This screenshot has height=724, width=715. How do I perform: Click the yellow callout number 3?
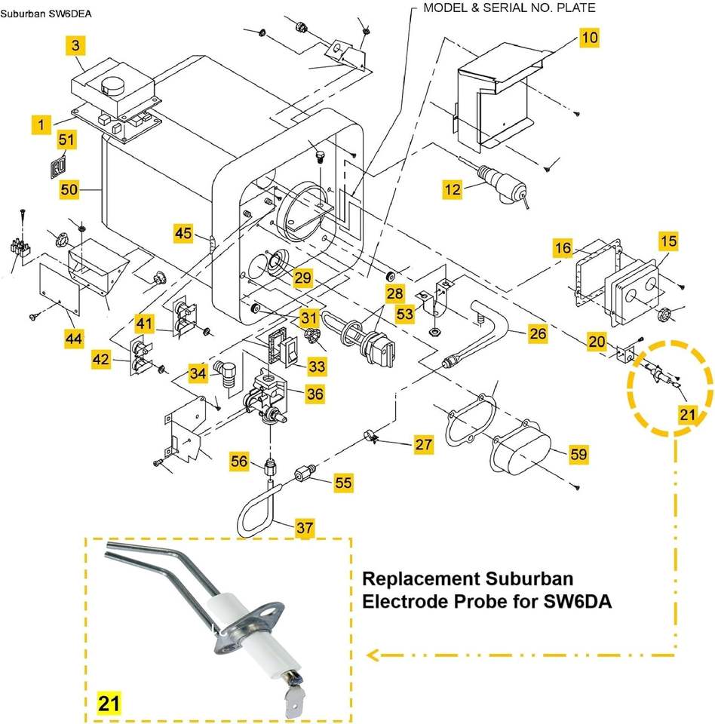75,45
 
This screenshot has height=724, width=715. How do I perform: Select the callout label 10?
589,37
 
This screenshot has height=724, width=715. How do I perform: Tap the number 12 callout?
453,189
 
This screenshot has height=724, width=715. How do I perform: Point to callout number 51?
66,140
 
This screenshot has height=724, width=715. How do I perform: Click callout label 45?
183,233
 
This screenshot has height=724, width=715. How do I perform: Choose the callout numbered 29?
303,278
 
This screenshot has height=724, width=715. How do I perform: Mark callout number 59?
578,454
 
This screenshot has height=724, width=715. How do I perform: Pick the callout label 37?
305,527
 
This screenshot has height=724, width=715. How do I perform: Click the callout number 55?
344,483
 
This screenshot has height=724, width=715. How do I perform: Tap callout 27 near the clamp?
424,444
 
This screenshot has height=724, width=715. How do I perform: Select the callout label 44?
74,339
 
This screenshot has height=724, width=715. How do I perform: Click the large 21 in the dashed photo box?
109,703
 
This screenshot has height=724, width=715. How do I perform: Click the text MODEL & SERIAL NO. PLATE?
509,8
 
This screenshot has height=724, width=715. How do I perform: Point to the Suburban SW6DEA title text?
46,14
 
